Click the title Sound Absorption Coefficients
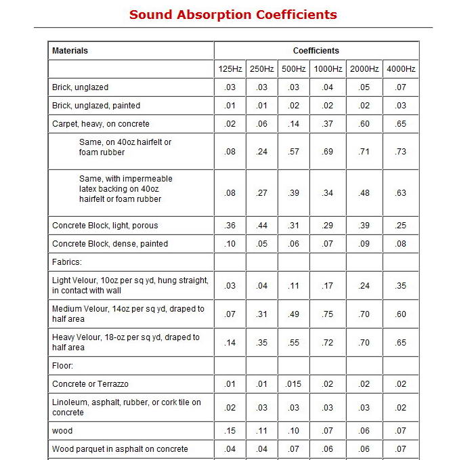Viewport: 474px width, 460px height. point(233,14)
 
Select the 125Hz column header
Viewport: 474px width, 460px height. point(230,69)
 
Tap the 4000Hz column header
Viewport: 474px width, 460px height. point(401,69)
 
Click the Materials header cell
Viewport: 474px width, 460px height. point(70,51)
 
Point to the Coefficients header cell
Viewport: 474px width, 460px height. point(316,51)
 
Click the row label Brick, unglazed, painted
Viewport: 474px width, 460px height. point(96,106)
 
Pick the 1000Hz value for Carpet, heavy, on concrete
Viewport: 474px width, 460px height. point(328,124)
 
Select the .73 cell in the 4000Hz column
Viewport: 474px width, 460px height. point(401,152)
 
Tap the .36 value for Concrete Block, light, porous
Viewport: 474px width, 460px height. point(230,226)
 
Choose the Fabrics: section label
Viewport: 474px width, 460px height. point(67,262)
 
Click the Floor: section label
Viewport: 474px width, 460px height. point(63,366)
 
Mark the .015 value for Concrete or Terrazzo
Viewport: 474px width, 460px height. point(294,384)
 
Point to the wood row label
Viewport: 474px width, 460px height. point(62,431)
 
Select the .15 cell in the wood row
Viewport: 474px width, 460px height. point(230,431)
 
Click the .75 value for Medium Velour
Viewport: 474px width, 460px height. point(328,314)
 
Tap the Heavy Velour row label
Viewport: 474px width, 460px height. point(126,342)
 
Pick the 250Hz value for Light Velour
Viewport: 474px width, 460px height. point(262,286)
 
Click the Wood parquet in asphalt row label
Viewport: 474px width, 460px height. point(120,449)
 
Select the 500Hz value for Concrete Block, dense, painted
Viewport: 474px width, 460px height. point(294,244)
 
